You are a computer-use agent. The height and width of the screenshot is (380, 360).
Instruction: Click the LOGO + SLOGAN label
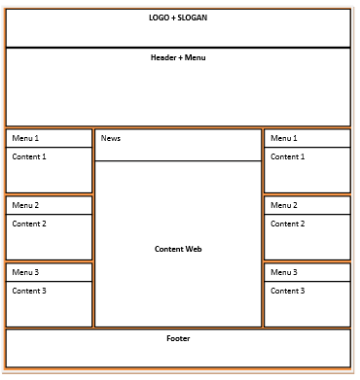(x=178, y=17)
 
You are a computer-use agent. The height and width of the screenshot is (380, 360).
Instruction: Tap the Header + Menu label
(x=178, y=58)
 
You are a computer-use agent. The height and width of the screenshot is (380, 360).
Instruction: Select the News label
(x=111, y=139)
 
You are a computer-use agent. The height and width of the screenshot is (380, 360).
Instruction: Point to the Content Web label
(x=178, y=249)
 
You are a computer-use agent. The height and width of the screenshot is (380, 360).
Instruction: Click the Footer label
(x=178, y=338)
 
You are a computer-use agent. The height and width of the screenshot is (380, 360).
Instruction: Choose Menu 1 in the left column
(x=25, y=138)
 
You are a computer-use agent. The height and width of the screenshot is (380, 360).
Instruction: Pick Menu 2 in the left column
(x=25, y=205)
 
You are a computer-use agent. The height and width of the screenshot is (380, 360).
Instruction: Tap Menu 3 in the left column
(x=25, y=272)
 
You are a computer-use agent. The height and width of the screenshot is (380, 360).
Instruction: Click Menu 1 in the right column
(x=284, y=138)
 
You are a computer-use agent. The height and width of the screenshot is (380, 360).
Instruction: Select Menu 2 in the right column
(x=284, y=205)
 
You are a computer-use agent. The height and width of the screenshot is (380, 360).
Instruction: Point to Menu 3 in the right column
(x=284, y=272)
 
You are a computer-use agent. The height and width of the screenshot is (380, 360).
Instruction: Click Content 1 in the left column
(x=29, y=156)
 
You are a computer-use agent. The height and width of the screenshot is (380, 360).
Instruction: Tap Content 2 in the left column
(x=29, y=224)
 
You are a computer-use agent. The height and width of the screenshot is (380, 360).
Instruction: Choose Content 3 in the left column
(x=29, y=291)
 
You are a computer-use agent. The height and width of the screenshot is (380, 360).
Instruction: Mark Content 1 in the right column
(x=288, y=156)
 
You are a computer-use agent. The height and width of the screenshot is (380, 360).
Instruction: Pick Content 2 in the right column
(x=288, y=224)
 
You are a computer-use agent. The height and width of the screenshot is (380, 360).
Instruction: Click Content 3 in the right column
(x=288, y=291)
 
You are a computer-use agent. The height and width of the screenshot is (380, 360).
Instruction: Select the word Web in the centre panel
(x=193, y=249)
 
